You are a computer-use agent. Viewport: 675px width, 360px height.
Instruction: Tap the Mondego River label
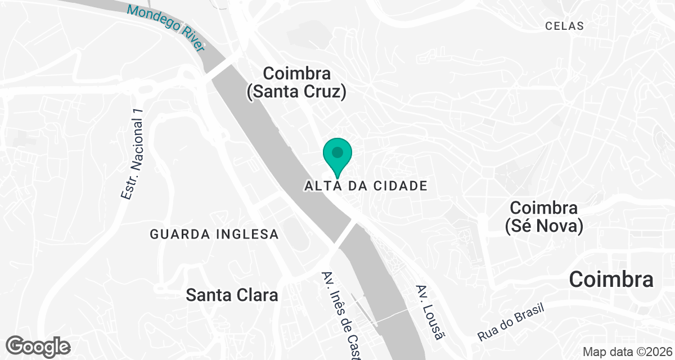166,28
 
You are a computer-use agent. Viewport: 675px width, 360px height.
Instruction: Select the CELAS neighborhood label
564,26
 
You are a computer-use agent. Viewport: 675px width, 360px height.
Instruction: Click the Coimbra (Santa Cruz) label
296,83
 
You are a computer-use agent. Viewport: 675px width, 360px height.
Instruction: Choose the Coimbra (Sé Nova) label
543,217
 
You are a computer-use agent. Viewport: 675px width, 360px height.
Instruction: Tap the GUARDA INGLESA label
214,234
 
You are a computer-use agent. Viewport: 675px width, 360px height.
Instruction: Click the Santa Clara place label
232,295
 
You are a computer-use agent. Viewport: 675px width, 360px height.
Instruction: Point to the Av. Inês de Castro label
340,315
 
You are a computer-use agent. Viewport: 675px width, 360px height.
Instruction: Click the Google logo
38,346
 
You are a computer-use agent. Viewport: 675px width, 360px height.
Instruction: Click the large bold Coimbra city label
611,280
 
